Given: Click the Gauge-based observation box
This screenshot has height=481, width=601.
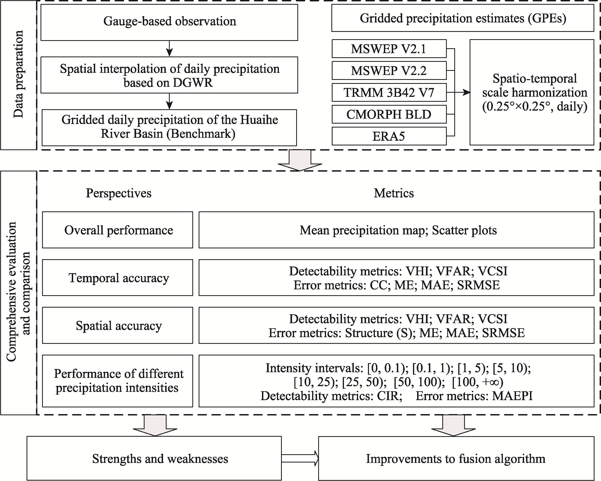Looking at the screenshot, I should pyautogui.click(x=169, y=22).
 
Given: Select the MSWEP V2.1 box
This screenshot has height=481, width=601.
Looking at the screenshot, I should pyautogui.click(x=389, y=49).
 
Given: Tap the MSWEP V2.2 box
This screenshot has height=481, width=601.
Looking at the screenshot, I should pyautogui.click(x=389, y=71).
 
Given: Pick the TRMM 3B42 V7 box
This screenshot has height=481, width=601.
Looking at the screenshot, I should pyautogui.click(x=389, y=92).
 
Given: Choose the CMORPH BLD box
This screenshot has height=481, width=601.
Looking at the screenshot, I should pyautogui.click(x=389, y=114).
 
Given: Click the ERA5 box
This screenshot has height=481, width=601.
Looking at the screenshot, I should pyautogui.click(x=389, y=136).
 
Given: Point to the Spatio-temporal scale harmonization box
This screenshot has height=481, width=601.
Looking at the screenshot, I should pyautogui.click(x=532, y=92).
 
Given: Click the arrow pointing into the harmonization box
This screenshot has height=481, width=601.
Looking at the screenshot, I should pyautogui.click(x=463, y=92).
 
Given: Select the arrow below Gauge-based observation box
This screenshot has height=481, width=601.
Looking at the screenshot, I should pyautogui.click(x=169, y=49).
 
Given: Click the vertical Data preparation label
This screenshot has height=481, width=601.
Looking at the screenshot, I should pyautogui.click(x=18, y=74).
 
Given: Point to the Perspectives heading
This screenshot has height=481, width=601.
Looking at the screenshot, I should pyautogui.click(x=118, y=193).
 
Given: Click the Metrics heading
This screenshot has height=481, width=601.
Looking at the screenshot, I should pyautogui.click(x=394, y=193).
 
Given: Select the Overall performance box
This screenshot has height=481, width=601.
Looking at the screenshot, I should pyautogui.click(x=118, y=230).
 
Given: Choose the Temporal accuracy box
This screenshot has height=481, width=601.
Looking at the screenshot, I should pyautogui.click(x=118, y=278).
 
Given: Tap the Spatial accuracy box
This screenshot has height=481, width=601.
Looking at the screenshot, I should pyautogui.click(x=118, y=325).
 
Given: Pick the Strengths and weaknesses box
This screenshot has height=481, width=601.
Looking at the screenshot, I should pyautogui.click(x=154, y=459).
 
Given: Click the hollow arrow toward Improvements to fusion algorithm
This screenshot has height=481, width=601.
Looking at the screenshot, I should pyautogui.click(x=300, y=458).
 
